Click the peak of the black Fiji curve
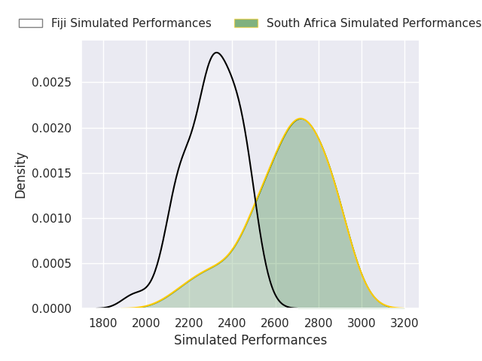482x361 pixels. pos(217,53)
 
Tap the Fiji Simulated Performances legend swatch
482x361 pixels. pos(31,23)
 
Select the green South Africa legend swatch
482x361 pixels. pos(246,23)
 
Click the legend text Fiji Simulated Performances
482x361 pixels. pos(131,23)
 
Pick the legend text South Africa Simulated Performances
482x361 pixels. pos(374,23)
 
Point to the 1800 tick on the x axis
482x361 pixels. pos(103,323)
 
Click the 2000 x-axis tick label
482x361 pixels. pos(146,323)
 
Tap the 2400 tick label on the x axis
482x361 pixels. pos(232,323)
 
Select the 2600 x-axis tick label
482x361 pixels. pos(276,323)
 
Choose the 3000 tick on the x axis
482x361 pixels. pos(361,323)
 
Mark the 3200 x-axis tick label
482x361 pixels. pos(404,323)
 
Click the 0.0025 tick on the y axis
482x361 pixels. pos(51,83)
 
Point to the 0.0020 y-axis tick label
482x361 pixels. pos(51,128)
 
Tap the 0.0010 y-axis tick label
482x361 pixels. pos(51,218)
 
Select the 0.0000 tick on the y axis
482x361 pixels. pos(51,308)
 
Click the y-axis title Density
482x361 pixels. pos(21,174)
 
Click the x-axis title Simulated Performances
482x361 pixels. pos(250,340)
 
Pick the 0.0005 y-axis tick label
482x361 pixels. pos(51,263)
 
